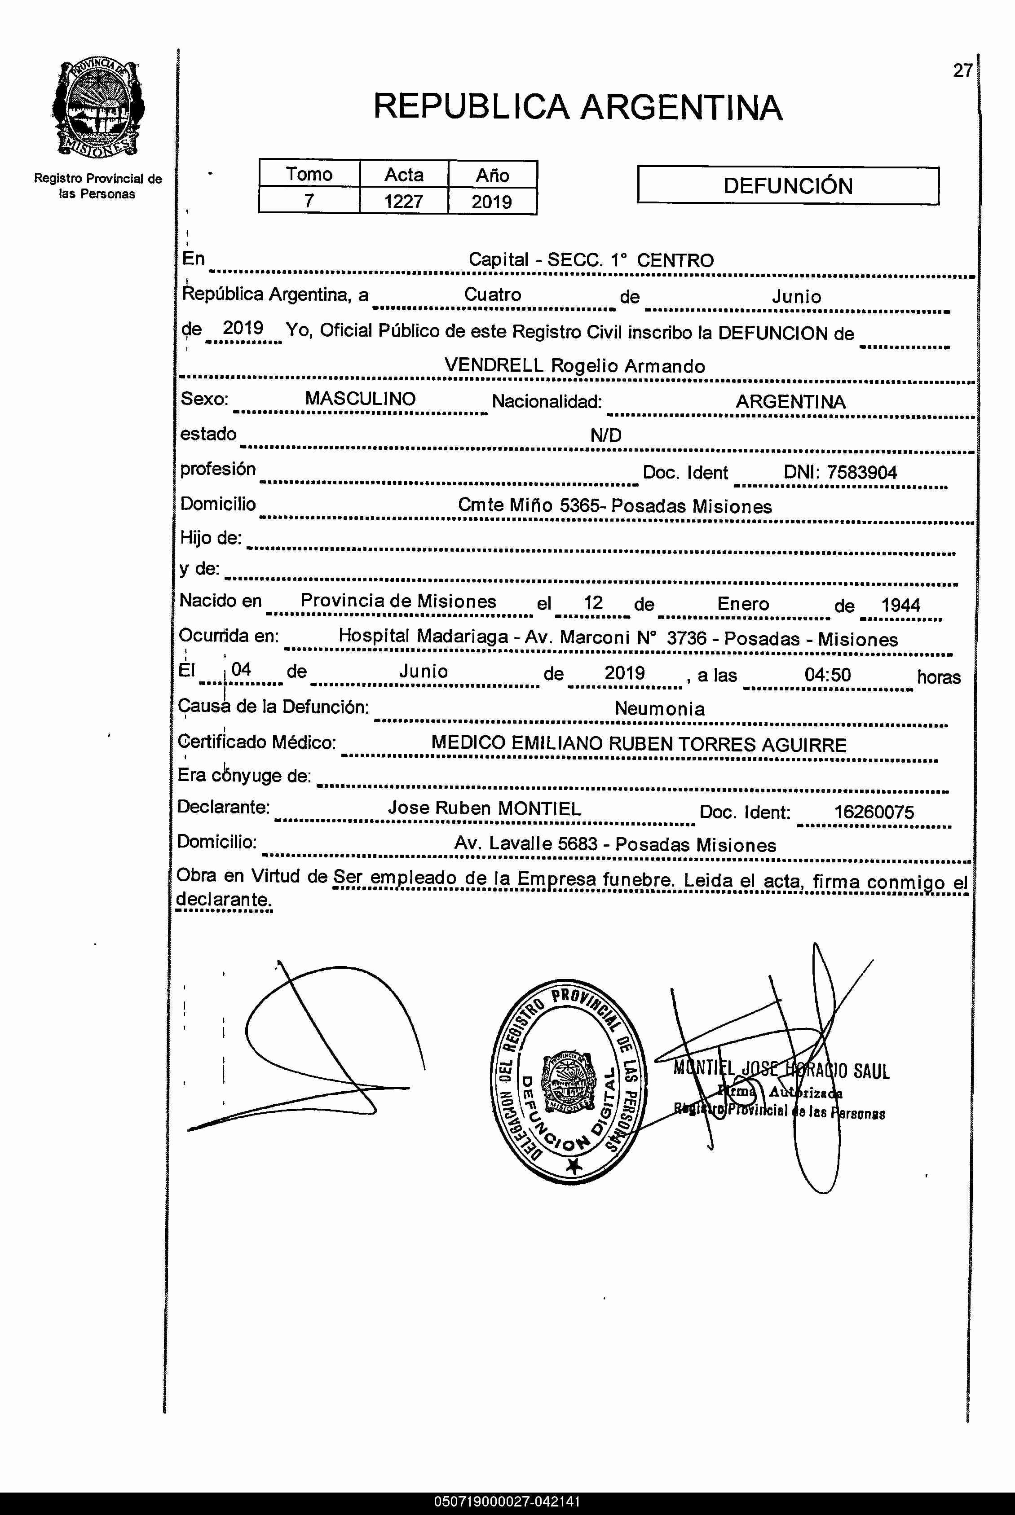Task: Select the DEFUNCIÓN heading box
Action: pyautogui.click(x=787, y=186)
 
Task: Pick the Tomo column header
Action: pyautogui.click(x=309, y=175)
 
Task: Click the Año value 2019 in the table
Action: pyautogui.click(x=491, y=202)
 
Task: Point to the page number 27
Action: pyautogui.click(x=962, y=70)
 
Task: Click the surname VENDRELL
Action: pyautogui.click(x=493, y=365)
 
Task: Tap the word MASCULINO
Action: pyautogui.click(x=360, y=399)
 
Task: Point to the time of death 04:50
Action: pyautogui.click(x=827, y=675)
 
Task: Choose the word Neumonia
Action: pyautogui.click(x=659, y=709)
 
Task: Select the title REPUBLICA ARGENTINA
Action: pyautogui.click(x=578, y=107)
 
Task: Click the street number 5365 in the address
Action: pyautogui.click(x=579, y=506)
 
